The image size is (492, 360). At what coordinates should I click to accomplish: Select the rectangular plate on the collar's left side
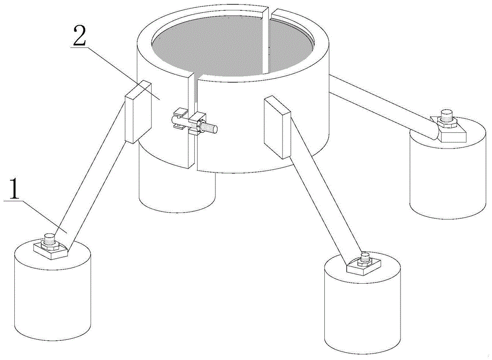tap(138, 112)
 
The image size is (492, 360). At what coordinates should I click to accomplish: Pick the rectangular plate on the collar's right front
tap(277, 127)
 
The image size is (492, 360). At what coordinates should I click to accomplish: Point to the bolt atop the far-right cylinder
tap(446, 116)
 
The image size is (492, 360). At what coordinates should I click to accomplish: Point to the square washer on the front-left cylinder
tap(51, 250)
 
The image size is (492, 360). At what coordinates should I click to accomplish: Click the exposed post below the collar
tap(177, 185)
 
